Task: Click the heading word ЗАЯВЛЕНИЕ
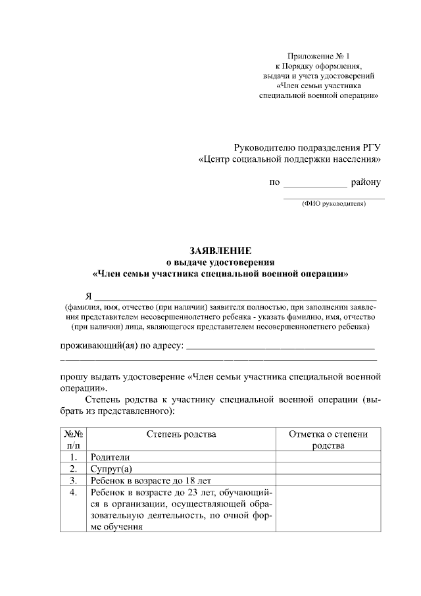click(x=220, y=251)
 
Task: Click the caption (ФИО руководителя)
click(x=334, y=204)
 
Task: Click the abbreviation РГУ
click(x=371, y=147)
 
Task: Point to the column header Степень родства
click(x=181, y=434)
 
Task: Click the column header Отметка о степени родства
click(x=328, y=439)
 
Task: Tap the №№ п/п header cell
click(x=73, y=439)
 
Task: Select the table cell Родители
click(x=111, y=457)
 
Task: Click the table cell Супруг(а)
click(x=112, y=469)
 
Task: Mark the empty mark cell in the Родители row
click(x=328, y=457)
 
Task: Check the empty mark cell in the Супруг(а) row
click(x=328, y=469)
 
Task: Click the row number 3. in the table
click(x=74, y=481)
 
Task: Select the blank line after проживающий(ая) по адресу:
click(x=282, y=346)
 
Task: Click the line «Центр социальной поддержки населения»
click(x=289, y=160)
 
